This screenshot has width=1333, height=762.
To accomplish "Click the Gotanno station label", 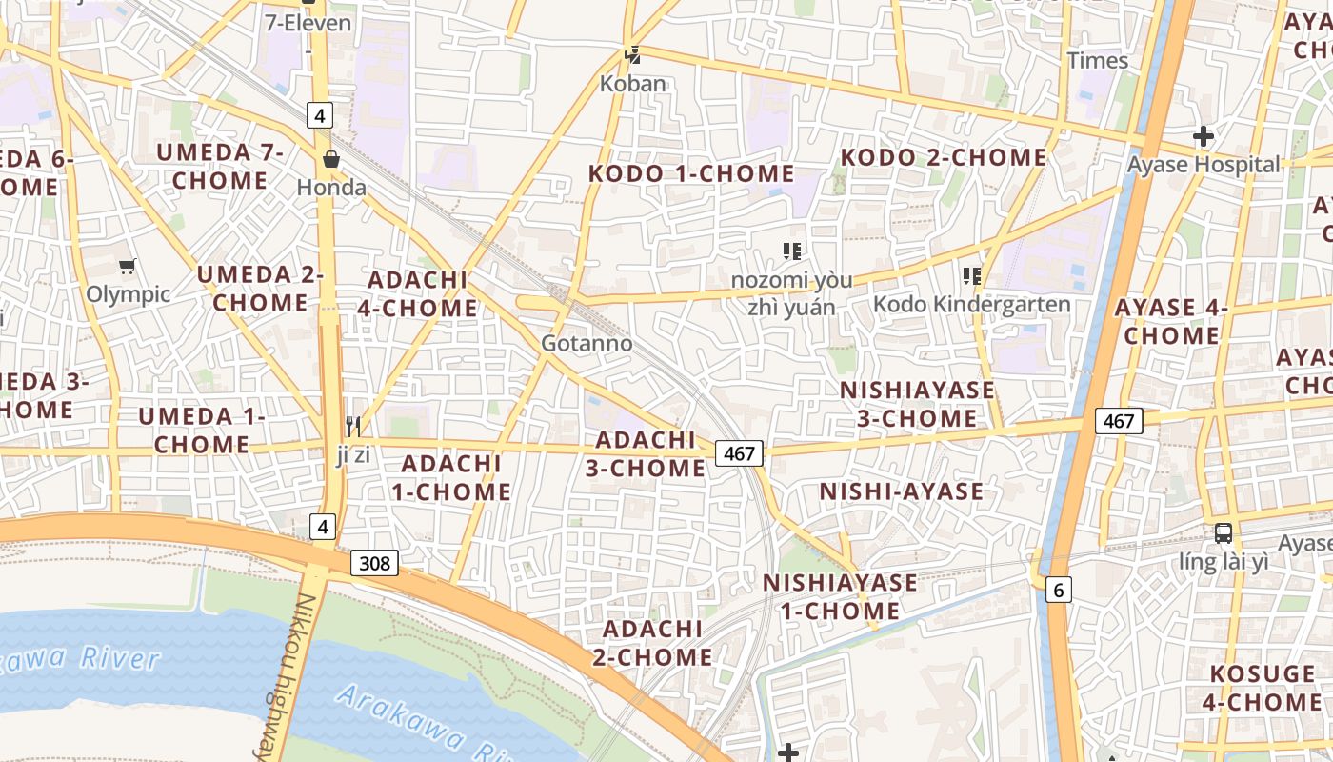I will tap(587, 343).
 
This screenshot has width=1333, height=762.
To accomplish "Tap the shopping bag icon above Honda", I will tap(331, 159).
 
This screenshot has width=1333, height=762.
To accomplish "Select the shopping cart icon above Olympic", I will tap(127, 266).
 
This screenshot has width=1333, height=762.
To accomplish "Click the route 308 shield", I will tap(375, 563).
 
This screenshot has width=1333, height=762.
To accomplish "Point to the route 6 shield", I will tap(1058, 591).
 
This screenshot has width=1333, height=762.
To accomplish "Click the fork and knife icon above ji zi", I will tap(353, 426).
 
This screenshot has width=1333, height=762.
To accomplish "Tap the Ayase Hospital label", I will tap(1204, 165).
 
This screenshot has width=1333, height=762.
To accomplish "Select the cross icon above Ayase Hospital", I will tap(1204, 136).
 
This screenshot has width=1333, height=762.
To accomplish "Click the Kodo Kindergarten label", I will tap(971, 304).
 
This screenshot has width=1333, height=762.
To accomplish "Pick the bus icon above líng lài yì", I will tap(1224, 533).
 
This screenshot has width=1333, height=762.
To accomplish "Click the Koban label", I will tap(632, 84).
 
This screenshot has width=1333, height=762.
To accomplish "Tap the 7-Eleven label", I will tap(308, 23).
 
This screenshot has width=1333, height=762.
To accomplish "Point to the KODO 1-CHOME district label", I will tap(691, 173).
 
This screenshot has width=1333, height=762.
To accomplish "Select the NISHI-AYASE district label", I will tap(901, 491).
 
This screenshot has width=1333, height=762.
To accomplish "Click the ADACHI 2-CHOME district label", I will tap(652, 643).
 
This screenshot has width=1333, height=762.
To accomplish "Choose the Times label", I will tap(1097, 61).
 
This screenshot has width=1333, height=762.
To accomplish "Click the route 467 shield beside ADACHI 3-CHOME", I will tap(739, 454).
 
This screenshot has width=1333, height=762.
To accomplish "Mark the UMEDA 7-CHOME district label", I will tap(220, 166).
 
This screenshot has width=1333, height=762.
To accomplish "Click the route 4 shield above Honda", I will tap(320, 116).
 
